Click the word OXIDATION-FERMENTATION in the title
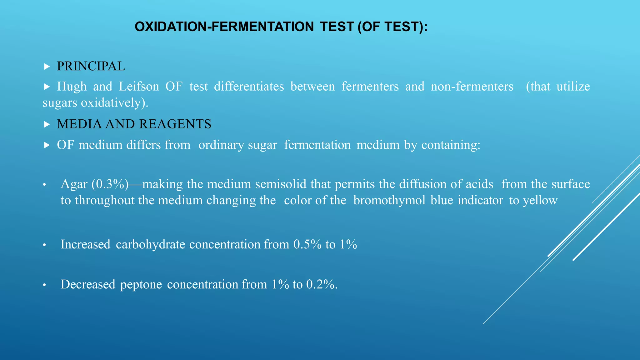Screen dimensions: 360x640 point(224,27)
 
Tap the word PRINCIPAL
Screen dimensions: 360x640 point(91,66)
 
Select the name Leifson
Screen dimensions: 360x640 point(139,86)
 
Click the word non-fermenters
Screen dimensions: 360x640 point(472,86)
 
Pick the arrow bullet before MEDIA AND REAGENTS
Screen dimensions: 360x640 point(47,124)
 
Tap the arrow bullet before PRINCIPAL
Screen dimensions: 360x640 point(47,67)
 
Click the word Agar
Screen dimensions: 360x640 point(74,184)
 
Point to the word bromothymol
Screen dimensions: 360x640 point(389,200)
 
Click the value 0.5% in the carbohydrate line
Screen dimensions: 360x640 point(307,244)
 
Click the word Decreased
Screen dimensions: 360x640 point(88,284)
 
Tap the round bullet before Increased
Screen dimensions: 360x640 point(45,245)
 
